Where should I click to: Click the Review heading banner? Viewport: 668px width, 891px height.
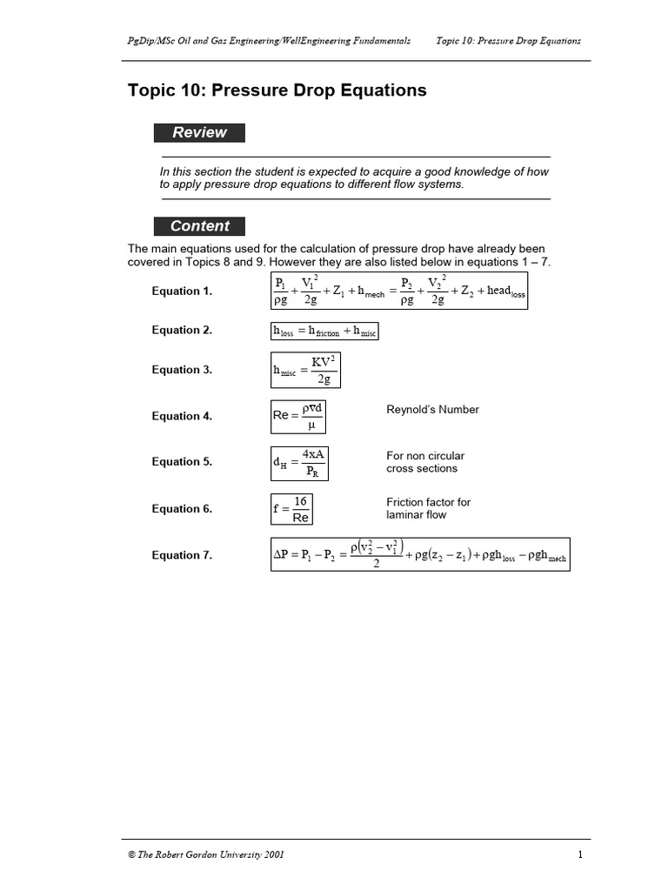(199, 133)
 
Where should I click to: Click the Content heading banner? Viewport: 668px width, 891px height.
(199, 226)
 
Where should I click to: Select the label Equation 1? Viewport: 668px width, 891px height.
(182, 291)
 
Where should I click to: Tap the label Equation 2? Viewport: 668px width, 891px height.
(182, 331)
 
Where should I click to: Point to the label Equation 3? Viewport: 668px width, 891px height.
(182, 370)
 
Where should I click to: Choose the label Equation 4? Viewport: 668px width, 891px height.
(182, 417)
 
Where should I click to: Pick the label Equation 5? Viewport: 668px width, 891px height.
(182, 462)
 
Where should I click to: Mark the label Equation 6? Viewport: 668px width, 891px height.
(182, 509)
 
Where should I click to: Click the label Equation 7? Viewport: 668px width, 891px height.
(182, 556)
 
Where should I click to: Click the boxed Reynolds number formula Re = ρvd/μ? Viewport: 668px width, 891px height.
(298, 416)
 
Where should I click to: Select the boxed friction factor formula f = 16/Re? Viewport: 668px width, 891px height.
(291, 509)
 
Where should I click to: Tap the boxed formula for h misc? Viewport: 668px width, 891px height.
(304, 370)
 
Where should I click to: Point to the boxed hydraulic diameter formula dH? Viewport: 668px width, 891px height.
(298, 462)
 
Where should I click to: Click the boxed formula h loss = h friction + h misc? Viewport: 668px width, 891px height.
(324, 331)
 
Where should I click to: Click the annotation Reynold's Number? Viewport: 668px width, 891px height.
(432, 410)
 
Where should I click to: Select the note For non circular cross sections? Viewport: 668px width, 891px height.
(425, 462)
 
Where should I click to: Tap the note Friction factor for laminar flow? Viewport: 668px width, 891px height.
(428, 508)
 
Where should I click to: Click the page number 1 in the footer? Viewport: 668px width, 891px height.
(579, 855)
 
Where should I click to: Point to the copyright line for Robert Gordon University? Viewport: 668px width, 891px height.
(205, 855)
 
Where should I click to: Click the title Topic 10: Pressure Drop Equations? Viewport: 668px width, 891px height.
(277, 90)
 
